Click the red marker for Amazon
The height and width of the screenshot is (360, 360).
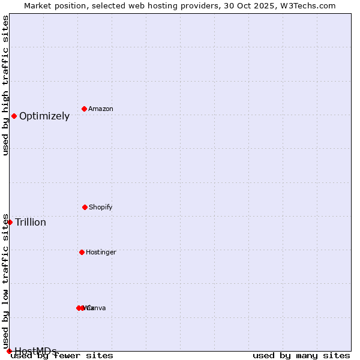click(x=85, y=109)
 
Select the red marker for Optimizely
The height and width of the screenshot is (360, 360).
click(x=14, y=116)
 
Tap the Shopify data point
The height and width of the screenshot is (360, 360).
click(x=85, y=207)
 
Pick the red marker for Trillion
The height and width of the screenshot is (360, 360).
click(x=10, y=222)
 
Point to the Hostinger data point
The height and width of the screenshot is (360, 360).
click(x=82, y=252)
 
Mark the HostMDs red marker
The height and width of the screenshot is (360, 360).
click(x=9, y=351)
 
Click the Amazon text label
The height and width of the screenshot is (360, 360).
click(x=101, y=109)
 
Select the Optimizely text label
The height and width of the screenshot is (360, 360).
click(x=44, y=116)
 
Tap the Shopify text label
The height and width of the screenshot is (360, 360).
click(x=101, y=208)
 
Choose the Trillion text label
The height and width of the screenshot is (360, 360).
click(x=31, y=223)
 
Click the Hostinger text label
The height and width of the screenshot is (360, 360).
click(x=101, y=253)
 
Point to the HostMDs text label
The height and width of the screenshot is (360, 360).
click(x=35, y=351)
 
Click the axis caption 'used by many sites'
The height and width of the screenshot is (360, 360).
click(x=301, y=356)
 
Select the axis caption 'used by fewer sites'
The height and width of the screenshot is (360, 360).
click(x=62, y=356)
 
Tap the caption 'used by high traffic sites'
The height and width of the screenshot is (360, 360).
click(x=5, y=85)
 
